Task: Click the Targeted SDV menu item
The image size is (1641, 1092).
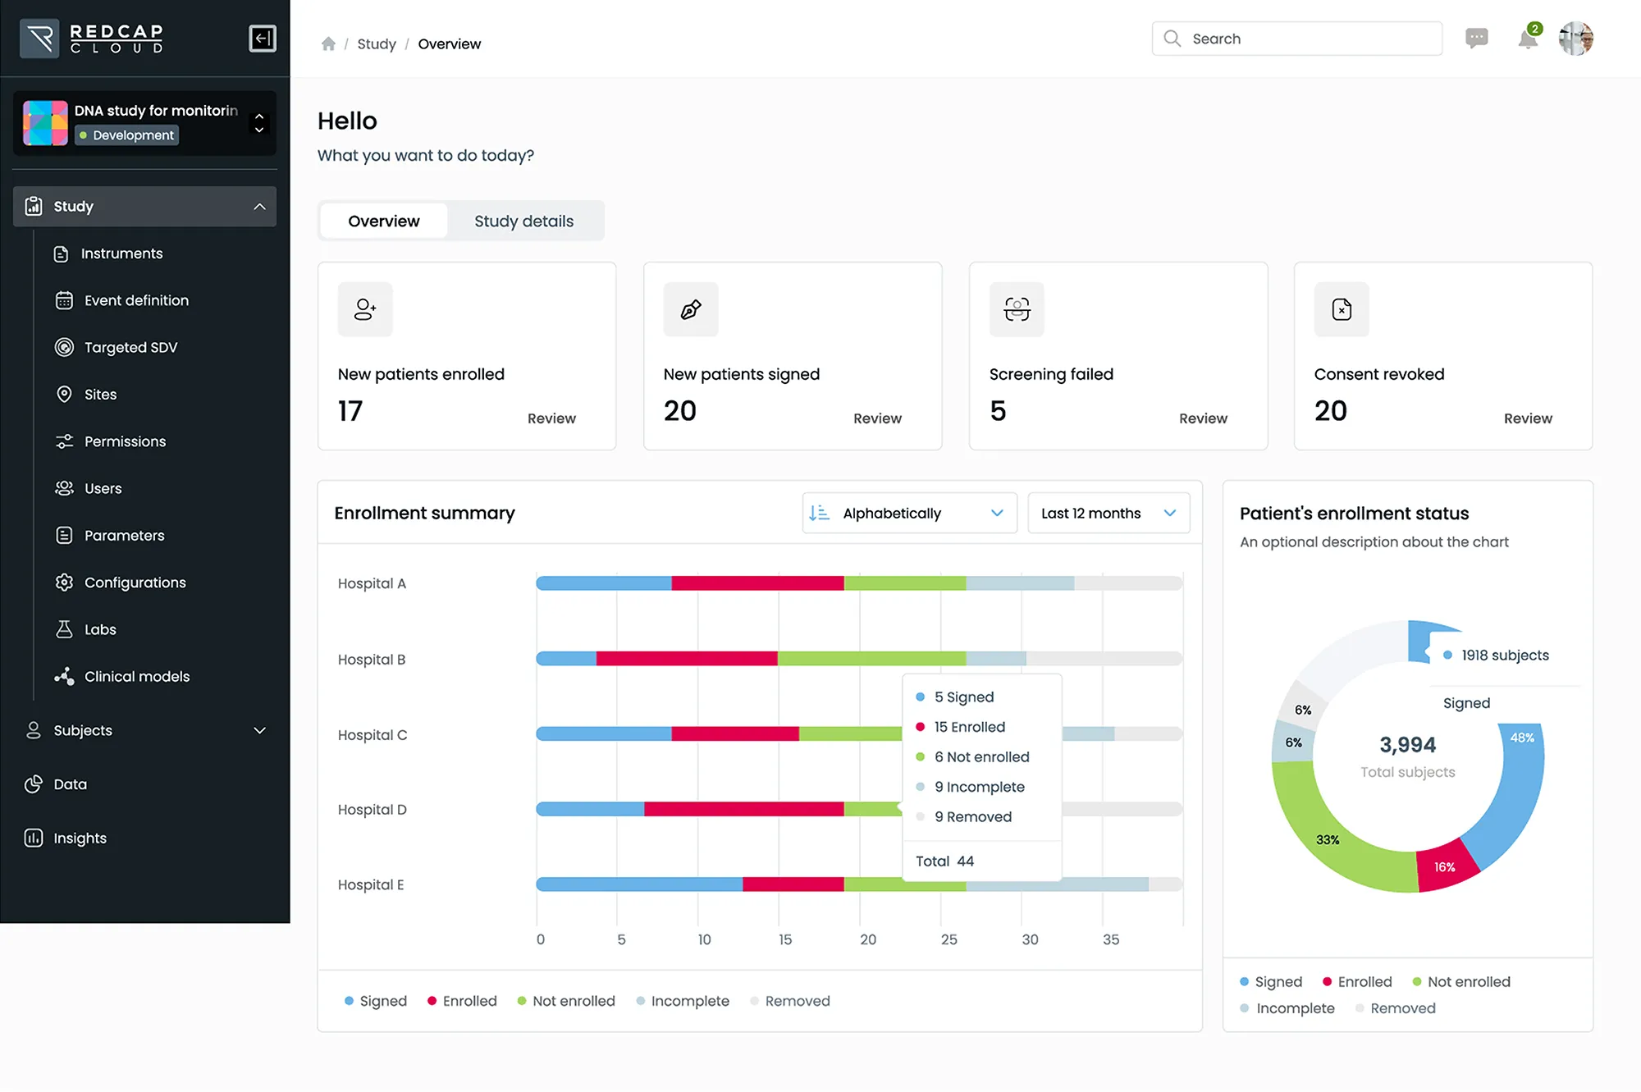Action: (130, 347)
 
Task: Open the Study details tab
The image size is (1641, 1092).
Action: (523, 221)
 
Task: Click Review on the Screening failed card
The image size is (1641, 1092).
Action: (1202, 418)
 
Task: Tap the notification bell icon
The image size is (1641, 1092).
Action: (1527, 39)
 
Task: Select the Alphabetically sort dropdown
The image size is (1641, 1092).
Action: (908, 513)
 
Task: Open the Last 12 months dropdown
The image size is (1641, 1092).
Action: (1108, 513)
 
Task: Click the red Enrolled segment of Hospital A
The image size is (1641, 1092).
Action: (757, 583)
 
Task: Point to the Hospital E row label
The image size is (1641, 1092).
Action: (371, 884)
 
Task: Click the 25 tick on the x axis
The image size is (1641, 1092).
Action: (948, 939)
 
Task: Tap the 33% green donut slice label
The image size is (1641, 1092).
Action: (1327, 839)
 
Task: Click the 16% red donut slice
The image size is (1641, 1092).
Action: (1446, 866)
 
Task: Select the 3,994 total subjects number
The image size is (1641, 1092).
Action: (1407, 745)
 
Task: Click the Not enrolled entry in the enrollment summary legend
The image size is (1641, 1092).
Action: (573, 1001)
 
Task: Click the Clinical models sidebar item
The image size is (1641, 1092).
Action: (136, 676)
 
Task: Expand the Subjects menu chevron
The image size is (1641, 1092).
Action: (259, 730)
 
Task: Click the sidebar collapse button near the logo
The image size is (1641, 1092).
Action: (263, 39)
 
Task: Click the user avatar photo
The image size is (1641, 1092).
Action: (1575, 39)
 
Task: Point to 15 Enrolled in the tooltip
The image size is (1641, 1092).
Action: (969, 727)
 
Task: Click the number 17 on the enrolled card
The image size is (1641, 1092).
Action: (350, 411)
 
